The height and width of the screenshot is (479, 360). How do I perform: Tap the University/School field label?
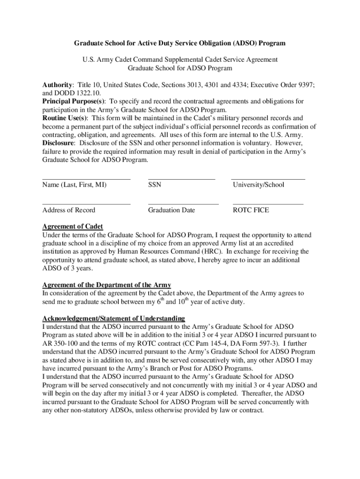(x=258, y=185)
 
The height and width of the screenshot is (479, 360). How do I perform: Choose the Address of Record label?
(x=68, y=210)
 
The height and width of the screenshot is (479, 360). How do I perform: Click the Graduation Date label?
(x=171, y=210)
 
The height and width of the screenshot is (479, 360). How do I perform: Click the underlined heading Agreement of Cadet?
(x=72, y=227)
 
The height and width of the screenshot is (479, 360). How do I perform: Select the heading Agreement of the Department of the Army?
(x=107, y=285)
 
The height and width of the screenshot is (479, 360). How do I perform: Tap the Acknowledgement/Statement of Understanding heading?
(x=114, y=318)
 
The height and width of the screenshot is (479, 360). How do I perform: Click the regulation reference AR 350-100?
(x=61, y=343)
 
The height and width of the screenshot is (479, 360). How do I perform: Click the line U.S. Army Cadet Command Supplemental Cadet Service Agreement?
(x=180, y=60)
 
